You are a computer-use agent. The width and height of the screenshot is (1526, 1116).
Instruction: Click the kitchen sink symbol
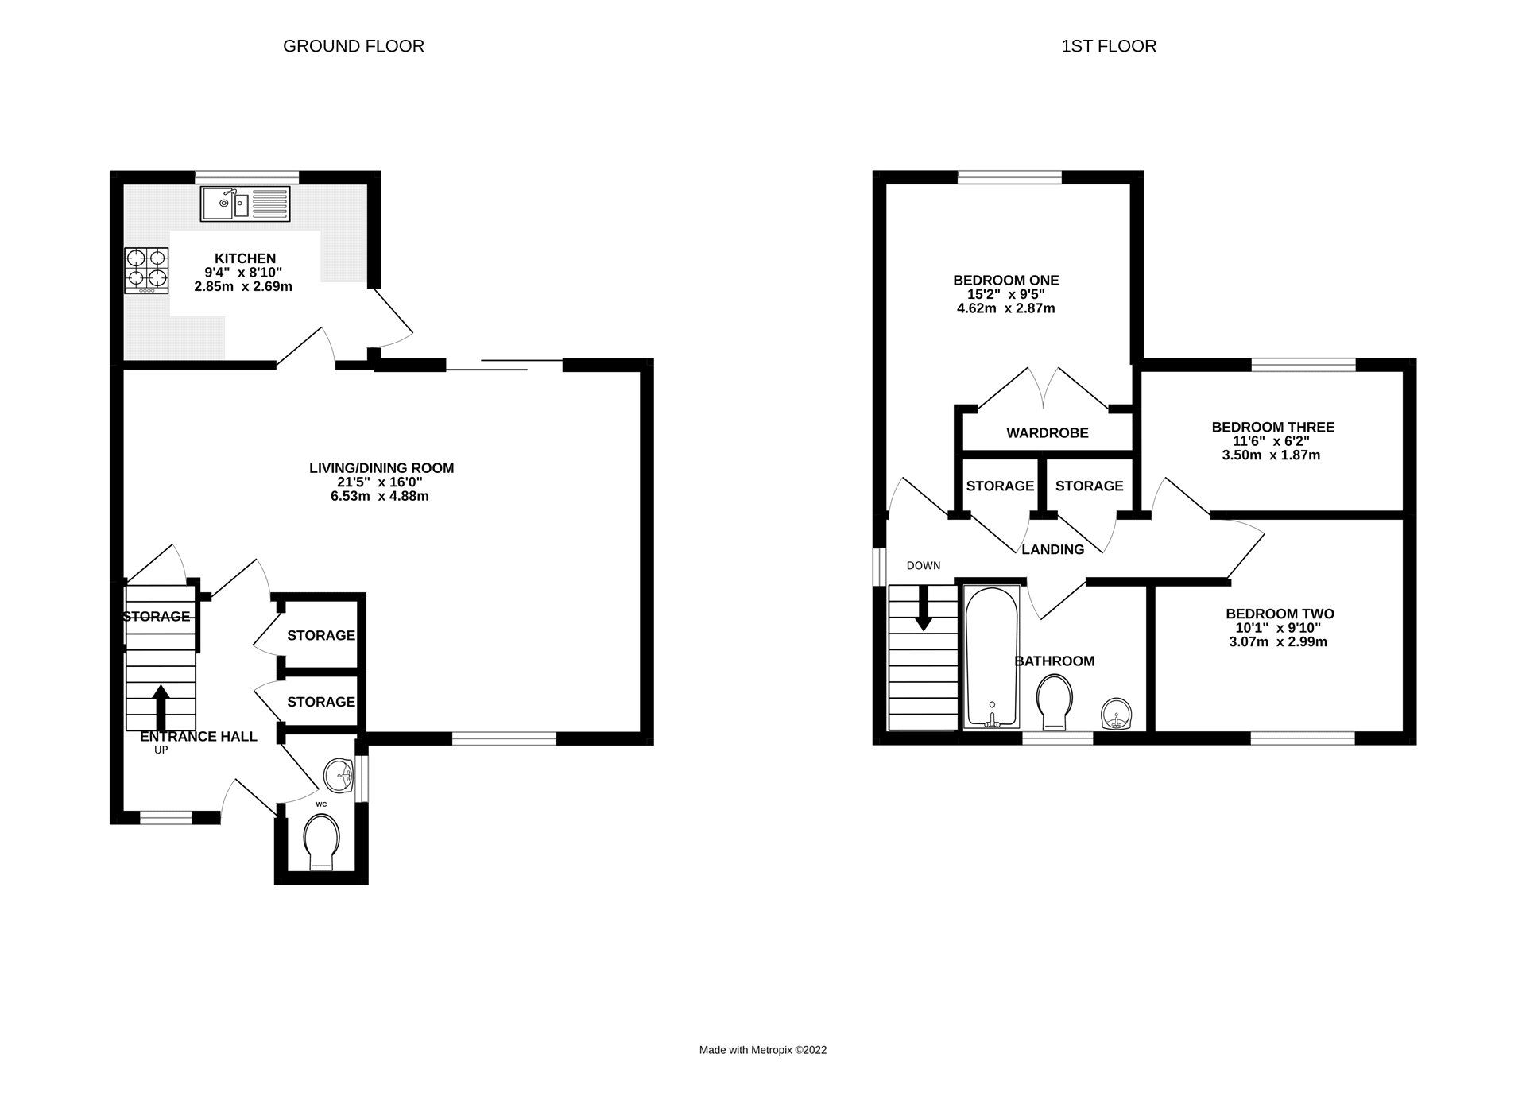tap(245, 203)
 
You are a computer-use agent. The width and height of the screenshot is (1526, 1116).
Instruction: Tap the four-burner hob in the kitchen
tap(146, 270)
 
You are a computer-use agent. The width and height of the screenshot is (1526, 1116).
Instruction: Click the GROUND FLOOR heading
tap(353, 46)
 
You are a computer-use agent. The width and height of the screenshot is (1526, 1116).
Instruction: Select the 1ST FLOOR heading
tap(1108, 46)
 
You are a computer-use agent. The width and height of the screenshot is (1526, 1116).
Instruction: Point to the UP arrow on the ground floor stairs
tap(161, 706)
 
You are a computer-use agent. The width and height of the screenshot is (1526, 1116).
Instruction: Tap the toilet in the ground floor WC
tap(321, 843)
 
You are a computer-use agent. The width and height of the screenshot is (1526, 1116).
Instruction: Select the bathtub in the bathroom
tap(991, 657)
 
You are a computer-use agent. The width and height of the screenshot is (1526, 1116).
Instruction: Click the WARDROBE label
tap(1047, 433)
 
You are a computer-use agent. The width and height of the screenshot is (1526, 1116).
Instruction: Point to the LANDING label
tap(1052, 549)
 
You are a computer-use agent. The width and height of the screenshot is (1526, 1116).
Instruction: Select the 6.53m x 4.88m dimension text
tap(380, 497)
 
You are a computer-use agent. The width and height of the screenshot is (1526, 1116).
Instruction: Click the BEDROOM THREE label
tap(1272, 427)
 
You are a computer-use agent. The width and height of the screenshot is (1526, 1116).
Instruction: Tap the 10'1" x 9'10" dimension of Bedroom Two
tap(1279, 628)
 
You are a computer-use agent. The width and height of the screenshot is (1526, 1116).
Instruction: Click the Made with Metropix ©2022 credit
tap(762, 1050)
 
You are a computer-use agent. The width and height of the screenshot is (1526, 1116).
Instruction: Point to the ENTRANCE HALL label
tap(198, 737)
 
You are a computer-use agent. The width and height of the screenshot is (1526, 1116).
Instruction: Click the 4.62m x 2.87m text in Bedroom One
tap(1005, 308)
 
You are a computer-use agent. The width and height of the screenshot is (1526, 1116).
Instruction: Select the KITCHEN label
tap(245, 258)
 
